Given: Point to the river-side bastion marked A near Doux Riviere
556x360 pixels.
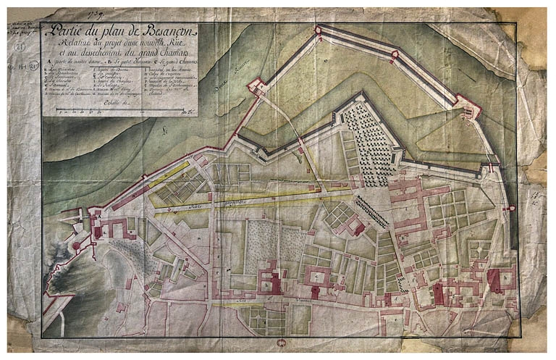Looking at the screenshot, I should pyautogui.click(x=257, y=86).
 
